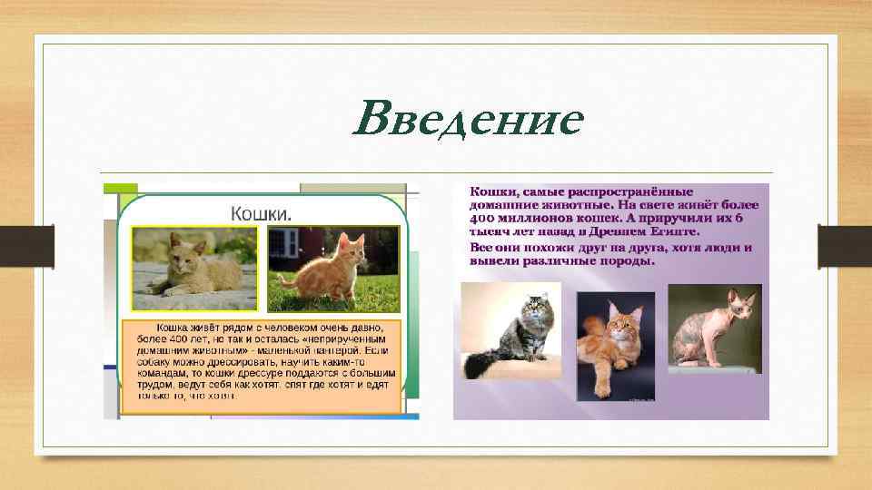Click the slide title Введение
click(x=468, y=120)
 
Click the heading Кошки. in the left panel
click(x=261, y=213)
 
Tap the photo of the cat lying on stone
click(x=194, y=269)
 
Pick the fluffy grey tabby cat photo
click(x=510, y=331)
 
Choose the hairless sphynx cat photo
click(x=713, y=328)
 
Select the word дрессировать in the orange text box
click(x=236, y=360)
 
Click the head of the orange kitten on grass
click(x=344, y=246)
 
